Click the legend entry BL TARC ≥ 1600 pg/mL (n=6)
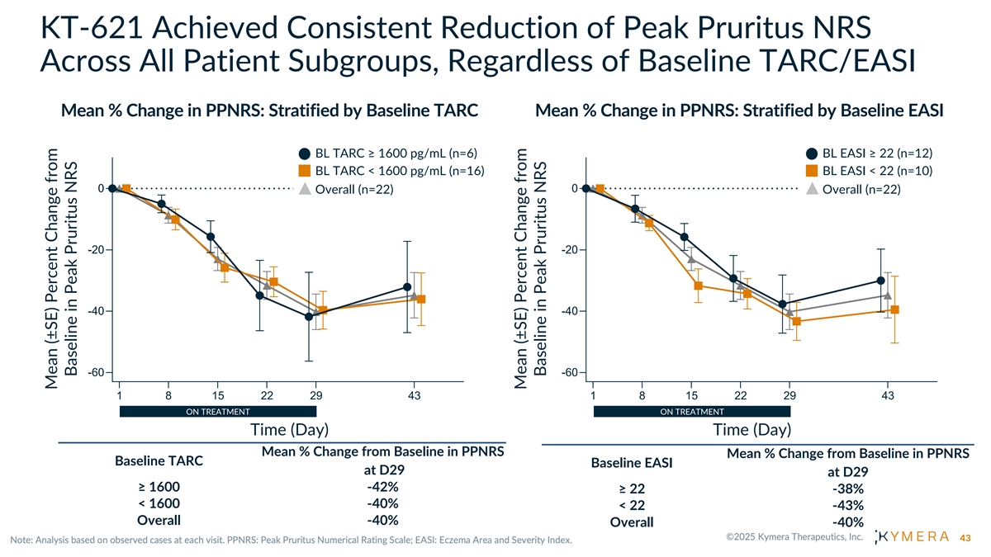pos(388,153)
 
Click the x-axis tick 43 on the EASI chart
pos(888,395)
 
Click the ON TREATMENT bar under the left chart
pos(218,411)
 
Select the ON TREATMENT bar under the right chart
pos(692,411)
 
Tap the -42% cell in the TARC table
pos(382,486)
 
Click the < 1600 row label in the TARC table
pos(159,503)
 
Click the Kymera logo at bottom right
pos(912,538)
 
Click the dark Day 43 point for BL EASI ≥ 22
pos(881,281)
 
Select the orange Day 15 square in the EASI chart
pos(699,286)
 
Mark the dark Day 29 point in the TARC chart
pos(309,316)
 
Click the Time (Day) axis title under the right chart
pos(752,430)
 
